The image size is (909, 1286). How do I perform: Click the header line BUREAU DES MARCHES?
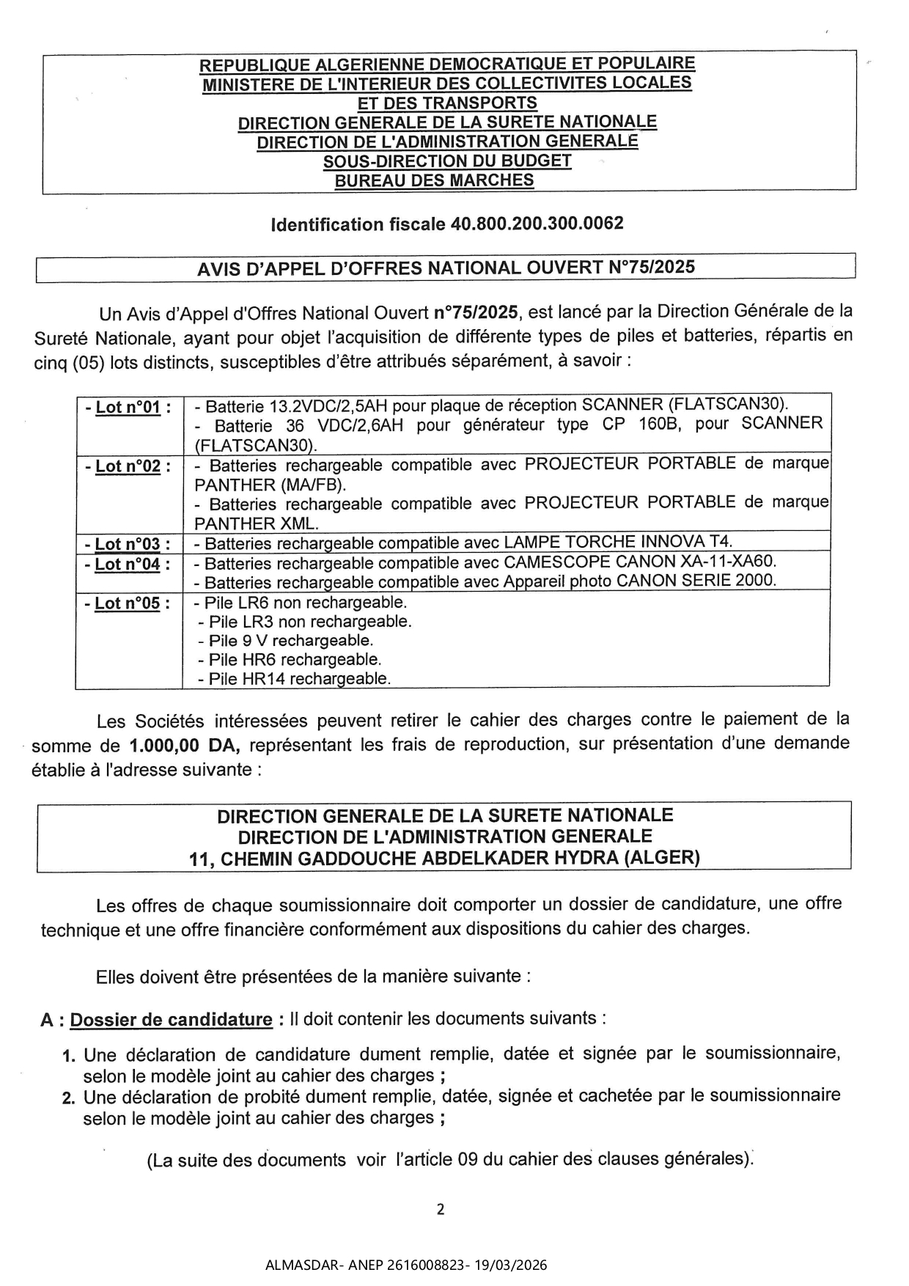pos(434,180)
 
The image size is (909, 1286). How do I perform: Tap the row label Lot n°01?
pos(128,407)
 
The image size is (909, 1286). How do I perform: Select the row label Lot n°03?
pos(128,544)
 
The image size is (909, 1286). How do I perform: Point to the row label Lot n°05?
pos(128,603)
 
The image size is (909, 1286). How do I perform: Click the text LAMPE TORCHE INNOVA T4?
pos(618,542)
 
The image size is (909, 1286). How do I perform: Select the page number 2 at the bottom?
pos(441,1209)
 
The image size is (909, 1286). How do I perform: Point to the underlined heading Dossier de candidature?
pos(172,1020)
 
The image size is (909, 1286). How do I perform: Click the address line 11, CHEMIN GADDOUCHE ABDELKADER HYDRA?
pos(444,858)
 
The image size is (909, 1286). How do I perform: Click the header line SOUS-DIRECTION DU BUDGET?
pos(447,161)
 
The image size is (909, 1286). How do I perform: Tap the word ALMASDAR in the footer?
pos(294,1265)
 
